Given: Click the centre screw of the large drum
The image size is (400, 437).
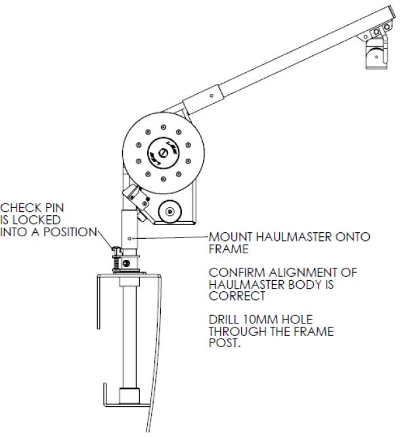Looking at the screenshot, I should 163,151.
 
